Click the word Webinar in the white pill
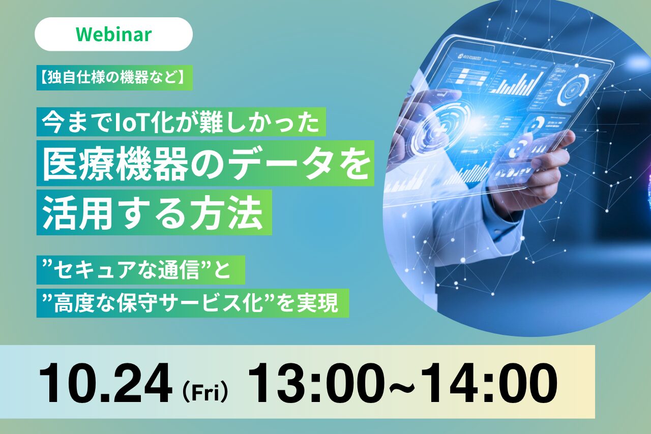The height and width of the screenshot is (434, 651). (x=113, y=34)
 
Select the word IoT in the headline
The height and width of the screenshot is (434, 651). (x=133, y=122)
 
